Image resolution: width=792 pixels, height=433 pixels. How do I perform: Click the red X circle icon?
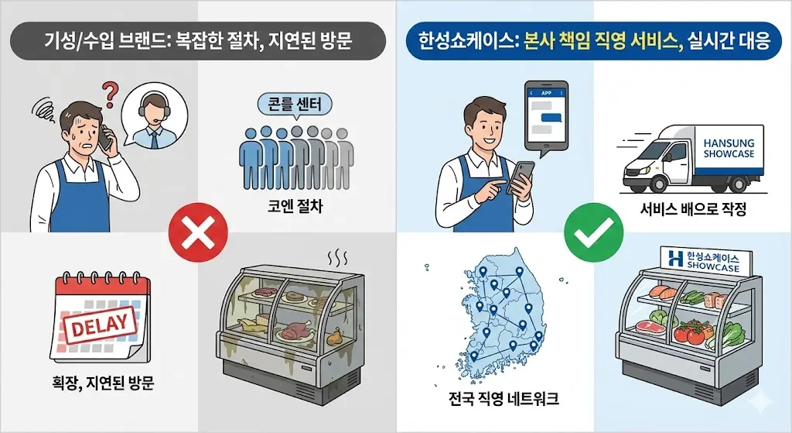coord(198,230)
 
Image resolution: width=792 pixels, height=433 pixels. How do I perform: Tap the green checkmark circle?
coord(593,230)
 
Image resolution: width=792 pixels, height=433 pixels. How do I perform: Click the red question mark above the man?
coord(111,96)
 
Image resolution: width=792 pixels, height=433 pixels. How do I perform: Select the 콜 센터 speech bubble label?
coord(293,104)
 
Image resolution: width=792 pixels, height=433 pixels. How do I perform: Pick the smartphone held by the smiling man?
coord(525,175)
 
